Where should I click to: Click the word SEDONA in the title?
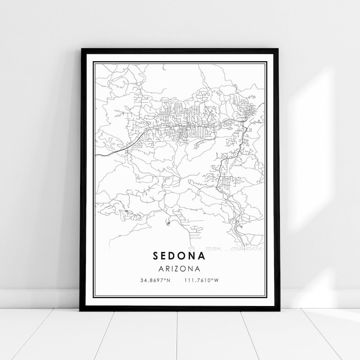(179, 256)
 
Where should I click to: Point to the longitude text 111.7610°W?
(201, 280)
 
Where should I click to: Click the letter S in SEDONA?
(156, 256)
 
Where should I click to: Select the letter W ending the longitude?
(216, 280)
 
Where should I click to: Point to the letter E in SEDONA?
(165, 256)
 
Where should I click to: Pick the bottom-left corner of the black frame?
(81, 310)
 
